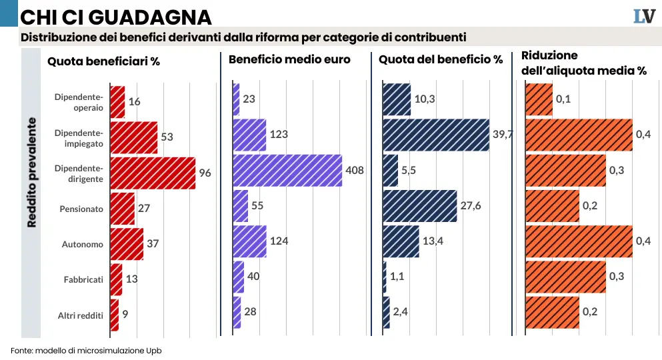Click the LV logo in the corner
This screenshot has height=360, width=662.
click(x=644, y=16)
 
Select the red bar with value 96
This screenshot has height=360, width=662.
click(x=152, y=173)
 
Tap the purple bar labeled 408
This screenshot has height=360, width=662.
click(x=287, y=170)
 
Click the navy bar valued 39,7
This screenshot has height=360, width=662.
click(x=436, y=135)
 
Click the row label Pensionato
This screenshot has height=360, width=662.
click(x=82, y=209)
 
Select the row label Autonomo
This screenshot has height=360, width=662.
click(x=83, y=244)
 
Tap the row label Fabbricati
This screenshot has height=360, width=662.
click(x=83, y=279)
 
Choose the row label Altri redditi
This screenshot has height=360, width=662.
click(x=81, y=315)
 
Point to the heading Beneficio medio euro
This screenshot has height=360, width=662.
click(x=289, y=59)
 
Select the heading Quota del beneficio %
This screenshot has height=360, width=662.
click(x=441, y=59)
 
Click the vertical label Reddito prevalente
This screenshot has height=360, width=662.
click(x=32, y=173)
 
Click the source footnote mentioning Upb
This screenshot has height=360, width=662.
click(x=86, y=350)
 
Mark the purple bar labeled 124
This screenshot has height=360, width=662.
click(x=249, y=241)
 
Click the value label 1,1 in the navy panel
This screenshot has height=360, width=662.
click(x=397, y=276)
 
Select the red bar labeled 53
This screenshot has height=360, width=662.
click(x=133, y=137)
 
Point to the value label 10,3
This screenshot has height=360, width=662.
click(x=425, y=99)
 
